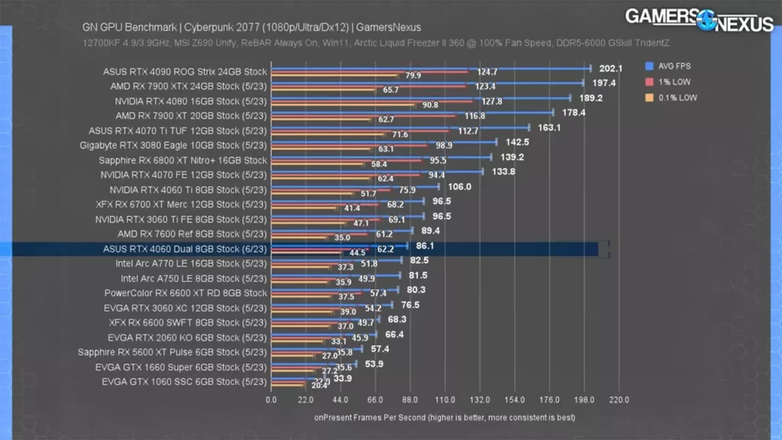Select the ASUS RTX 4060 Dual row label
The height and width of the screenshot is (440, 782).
tap(185, 248)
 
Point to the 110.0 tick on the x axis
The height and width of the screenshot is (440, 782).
tap(445, 400)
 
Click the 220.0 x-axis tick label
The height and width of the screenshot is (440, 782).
tap(619, 400)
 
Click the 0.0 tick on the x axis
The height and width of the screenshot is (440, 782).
tap(272, 400)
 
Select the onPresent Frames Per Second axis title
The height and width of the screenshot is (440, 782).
tap(444, 418)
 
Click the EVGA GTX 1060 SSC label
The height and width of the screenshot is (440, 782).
tap(184, 381)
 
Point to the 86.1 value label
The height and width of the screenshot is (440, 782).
tap(425, 246)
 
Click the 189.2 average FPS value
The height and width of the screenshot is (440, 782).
tap(590, 98)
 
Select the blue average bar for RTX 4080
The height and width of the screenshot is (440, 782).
tap(421, 97)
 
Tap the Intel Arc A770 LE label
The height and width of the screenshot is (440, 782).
tap(191, 264)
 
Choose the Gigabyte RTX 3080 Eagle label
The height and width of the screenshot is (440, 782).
tap(173, 145)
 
